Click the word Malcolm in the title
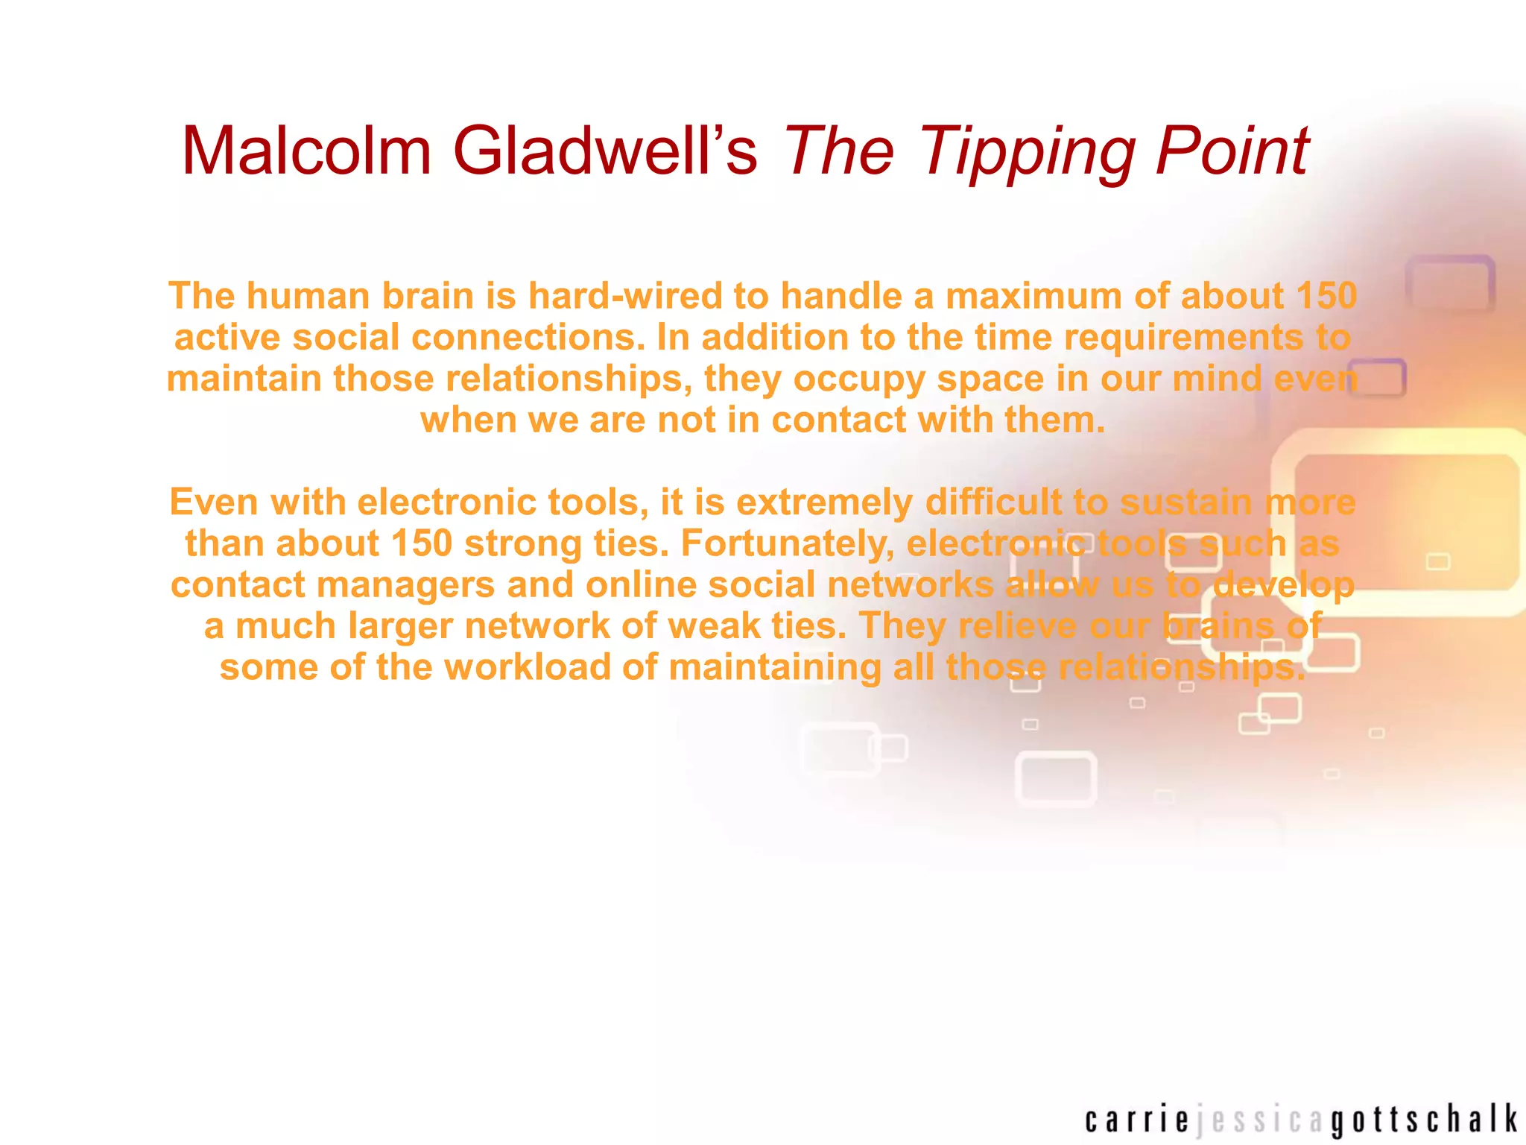(x=306, y=151)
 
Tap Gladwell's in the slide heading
(x=604, y=151)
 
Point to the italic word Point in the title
(x=1232, y=151)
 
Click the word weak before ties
(x=714, y=626)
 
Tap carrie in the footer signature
(x=1137, y=1120)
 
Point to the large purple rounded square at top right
(x=1450, y=284)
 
